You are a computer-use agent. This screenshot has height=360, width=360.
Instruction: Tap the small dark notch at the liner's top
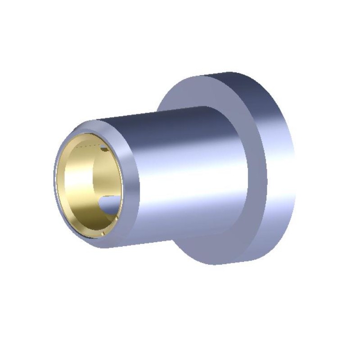(104, 148)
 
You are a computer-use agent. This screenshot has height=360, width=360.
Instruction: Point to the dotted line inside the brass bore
(88, 146)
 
